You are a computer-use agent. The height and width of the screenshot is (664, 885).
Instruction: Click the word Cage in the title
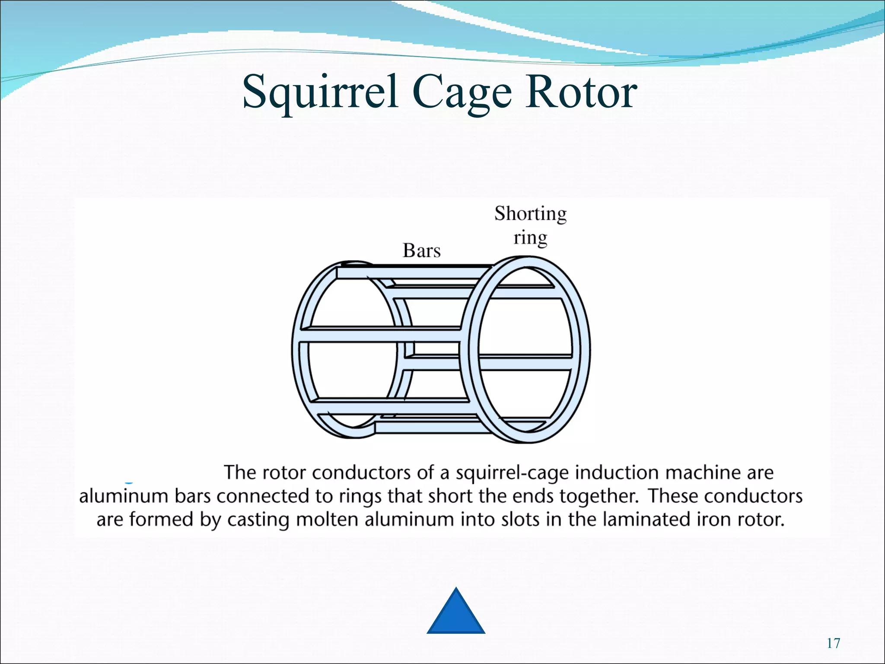click(462, 92)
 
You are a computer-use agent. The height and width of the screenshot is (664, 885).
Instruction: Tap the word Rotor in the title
click(581, 92)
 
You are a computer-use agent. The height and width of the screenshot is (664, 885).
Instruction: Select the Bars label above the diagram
click(421, 251)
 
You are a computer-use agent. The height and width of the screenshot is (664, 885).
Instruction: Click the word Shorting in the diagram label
click(530, 214)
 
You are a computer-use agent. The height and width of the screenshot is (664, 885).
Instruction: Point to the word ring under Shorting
click(530, 238)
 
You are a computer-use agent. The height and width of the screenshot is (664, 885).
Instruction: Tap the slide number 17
click(833, 644)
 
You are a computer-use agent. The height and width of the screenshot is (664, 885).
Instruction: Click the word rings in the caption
click(360, 496)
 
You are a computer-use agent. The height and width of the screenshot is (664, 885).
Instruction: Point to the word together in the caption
click(598, 496)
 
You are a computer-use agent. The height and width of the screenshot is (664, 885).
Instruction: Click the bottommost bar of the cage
click(428, 428)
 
